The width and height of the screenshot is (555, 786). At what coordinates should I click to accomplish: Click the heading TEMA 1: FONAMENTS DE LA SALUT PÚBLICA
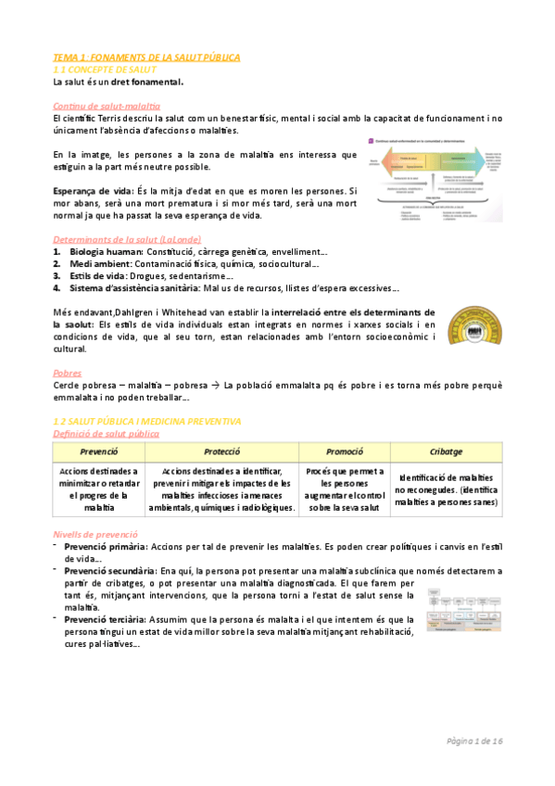(x=146, y=57)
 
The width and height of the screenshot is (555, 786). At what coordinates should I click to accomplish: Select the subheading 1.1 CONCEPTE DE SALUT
(x=108, y=70)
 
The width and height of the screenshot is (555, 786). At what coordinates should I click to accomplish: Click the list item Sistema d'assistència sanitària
(x=124, y=287)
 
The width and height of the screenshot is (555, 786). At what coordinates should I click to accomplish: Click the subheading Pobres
(x=69, y=373)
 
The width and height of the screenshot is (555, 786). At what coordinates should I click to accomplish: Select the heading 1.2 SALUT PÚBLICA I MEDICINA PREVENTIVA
(x=147, y=421)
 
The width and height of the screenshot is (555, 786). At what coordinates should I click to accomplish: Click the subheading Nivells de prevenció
(x=96, y=535)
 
